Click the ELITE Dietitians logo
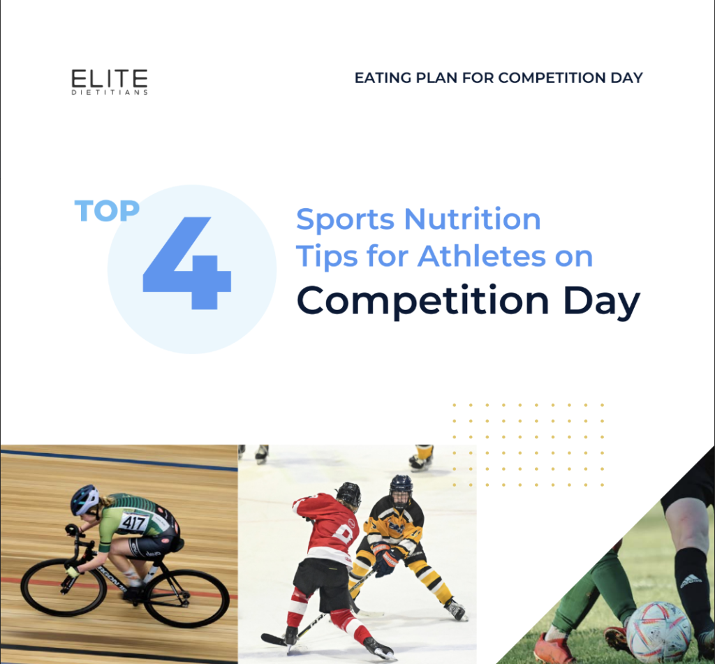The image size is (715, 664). (110, 81)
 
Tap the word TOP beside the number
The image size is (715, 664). (107, 211)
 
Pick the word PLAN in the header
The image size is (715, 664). (437, 78)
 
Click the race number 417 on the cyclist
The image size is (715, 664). (134, 521)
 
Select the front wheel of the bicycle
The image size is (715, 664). (63, 586)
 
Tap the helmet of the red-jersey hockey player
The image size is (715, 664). (348, 494)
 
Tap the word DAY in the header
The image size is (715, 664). (626, 78)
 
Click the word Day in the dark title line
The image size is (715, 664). (600, 301)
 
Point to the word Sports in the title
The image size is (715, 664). (345, 219)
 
